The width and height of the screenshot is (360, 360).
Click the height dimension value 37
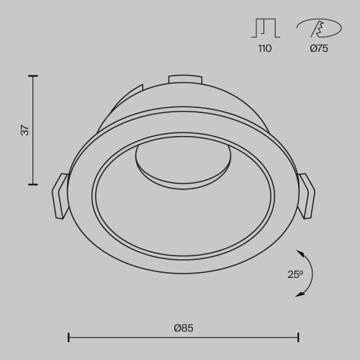coord(24,130)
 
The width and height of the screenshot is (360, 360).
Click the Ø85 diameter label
coord(184,328)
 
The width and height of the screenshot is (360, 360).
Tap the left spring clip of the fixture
coord(60,195)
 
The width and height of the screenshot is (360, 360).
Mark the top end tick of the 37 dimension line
coord(33,75)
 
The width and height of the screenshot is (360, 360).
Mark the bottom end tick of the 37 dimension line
coord(33,185)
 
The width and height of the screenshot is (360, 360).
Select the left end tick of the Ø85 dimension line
coord(68,337)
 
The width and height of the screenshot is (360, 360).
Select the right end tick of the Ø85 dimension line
coord(298,337)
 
